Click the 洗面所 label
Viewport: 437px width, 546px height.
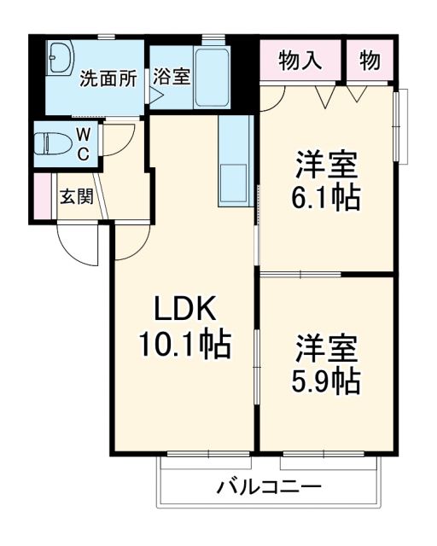(108, 79)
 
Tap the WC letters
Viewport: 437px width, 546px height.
(84, 143)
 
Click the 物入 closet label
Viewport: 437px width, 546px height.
(300, 61)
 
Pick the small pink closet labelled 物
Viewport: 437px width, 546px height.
(370, 61)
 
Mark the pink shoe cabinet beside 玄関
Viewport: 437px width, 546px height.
(40, 196)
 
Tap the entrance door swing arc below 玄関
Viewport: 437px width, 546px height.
(77, 243)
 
